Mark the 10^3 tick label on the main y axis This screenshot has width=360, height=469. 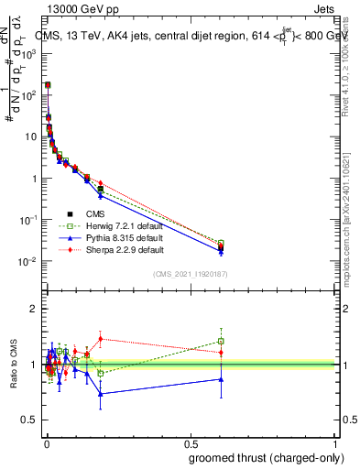(x=28, y=53)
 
